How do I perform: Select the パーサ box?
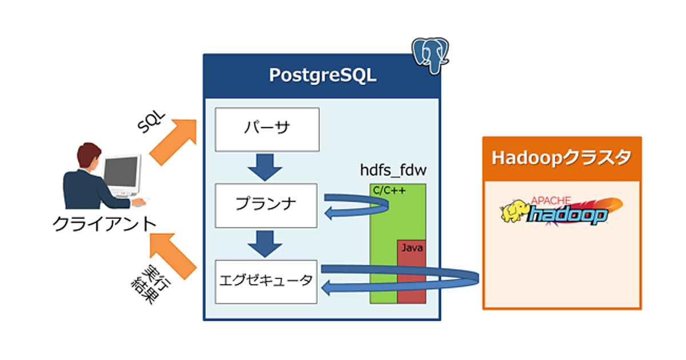[x=266, y=129]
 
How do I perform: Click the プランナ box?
[x=266, y=205]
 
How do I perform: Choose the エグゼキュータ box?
[x=266, y=281]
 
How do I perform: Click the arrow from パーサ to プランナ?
[x=266, y=165]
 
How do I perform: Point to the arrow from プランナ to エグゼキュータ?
[x=266, y=242]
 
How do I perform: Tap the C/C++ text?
[x=389, y=191]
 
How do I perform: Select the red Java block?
[x=412, y=271]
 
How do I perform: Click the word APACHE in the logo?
[x=551, y=199]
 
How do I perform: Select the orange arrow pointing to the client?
[x=173, y=251]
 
